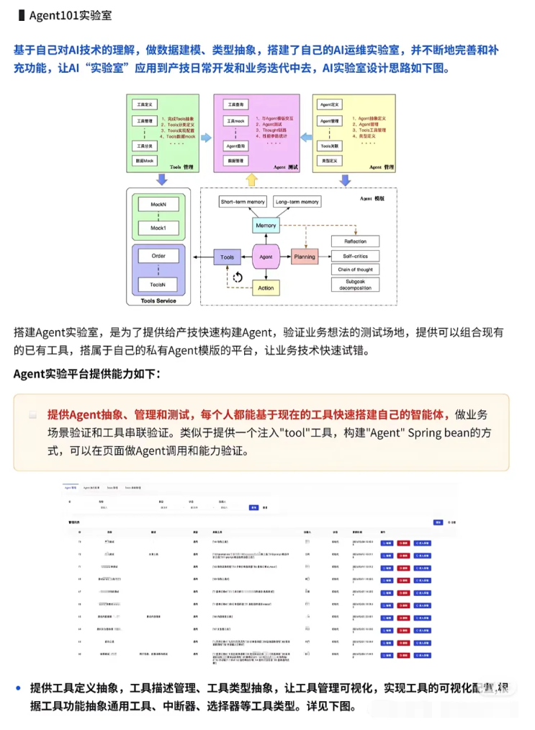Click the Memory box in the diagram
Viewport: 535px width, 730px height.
pos(266,226)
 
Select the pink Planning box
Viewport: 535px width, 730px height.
pos(305,256)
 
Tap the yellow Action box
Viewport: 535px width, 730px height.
pos(266,288)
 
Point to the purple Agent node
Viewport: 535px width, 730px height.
pos(266,256)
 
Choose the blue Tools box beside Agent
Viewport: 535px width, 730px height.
pos(228,257)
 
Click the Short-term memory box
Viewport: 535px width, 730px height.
pos(243,202)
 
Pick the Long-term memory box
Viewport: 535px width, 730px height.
pos(297,202)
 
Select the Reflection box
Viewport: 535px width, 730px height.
pos(355,241)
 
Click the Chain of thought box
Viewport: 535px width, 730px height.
pos(355,270)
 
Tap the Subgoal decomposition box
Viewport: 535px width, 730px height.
pos(355,285)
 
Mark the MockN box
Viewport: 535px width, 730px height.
pos(158,205)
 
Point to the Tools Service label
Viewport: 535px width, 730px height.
pos(158,301)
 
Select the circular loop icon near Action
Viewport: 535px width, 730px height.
pos(238,277)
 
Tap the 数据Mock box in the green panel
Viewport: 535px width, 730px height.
pos(144,161)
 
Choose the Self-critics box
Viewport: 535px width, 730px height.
pos(355,256)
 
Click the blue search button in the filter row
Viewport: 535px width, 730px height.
pos(253,507)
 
